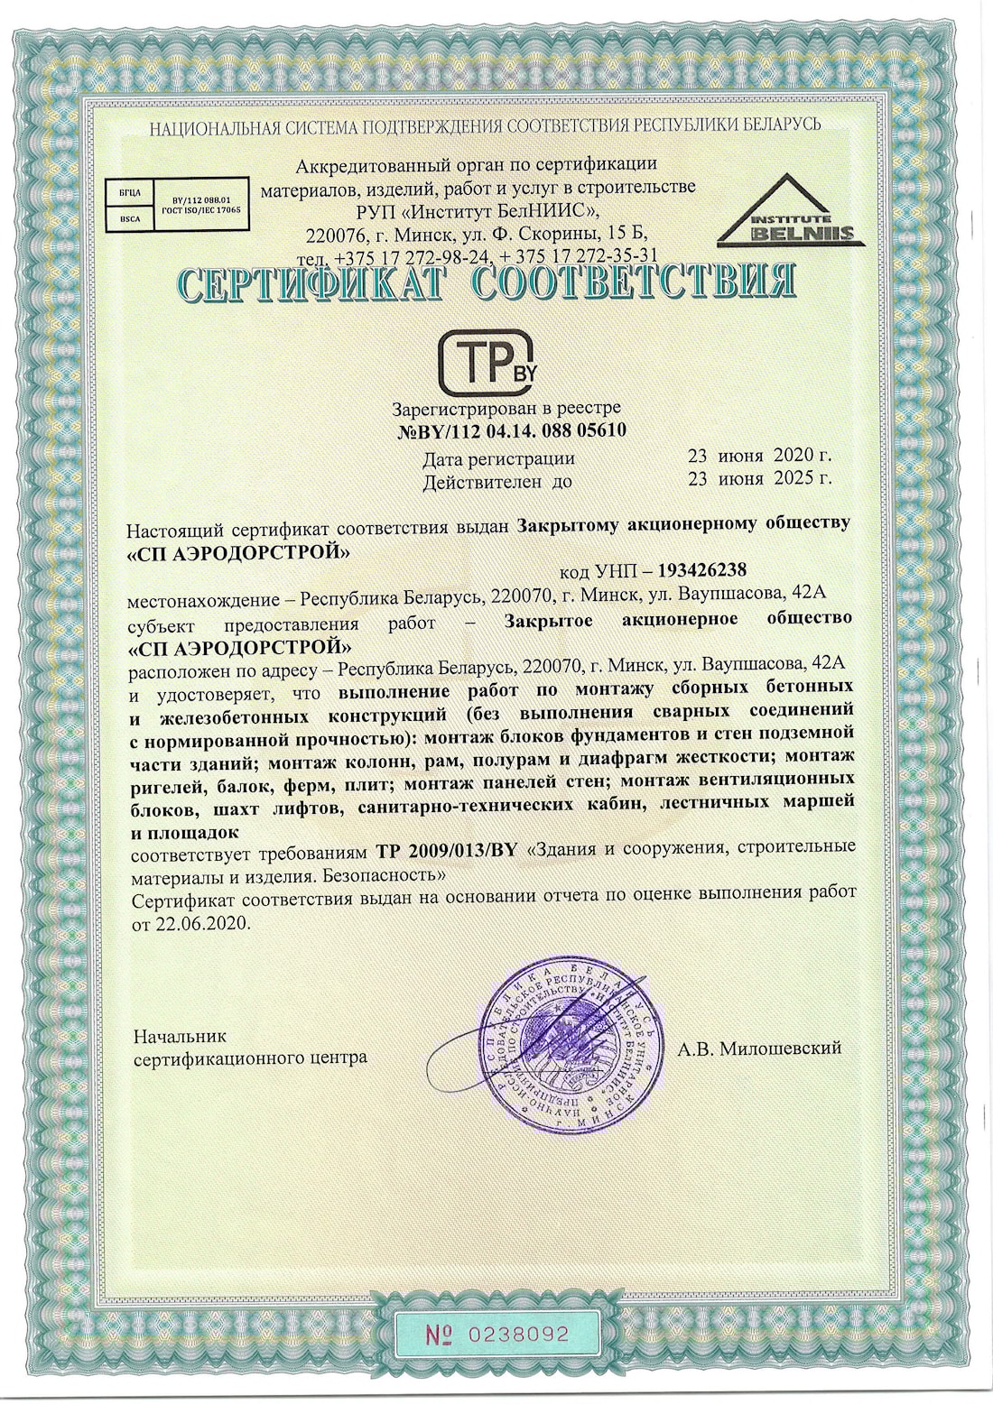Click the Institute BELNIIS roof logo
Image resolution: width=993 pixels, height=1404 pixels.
pyautogui.click(x=791, y=212)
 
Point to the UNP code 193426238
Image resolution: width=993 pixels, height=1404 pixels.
pyautogui.click(x=701, y=570)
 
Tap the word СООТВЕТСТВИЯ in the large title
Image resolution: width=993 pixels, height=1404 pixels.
pyautogui.click(x=634, y=283)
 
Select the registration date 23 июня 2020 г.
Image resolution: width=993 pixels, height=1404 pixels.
pyautogui.click(x=759, y=456)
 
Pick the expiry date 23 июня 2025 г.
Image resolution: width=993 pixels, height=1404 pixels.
pyautogui.click(x=759, y=479)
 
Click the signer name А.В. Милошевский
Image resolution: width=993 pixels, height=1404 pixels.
pyautogui.click(x=759, y=1048)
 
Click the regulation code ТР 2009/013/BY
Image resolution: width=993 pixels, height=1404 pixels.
pyautogui.click(x=446, y=851)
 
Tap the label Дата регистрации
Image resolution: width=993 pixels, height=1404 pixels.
pyautogui.click(x=498, y=458)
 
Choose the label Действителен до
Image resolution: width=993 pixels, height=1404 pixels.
pyautogui.click(x=497, y=482)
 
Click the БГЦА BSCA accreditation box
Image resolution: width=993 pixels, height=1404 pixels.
pyautogui.click(x=174, y=205)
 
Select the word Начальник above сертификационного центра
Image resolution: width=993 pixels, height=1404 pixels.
pyautogui.click(x=180, y=1036)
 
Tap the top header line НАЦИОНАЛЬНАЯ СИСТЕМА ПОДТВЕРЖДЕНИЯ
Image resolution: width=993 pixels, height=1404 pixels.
pyautogui.click(x=485, y=125)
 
